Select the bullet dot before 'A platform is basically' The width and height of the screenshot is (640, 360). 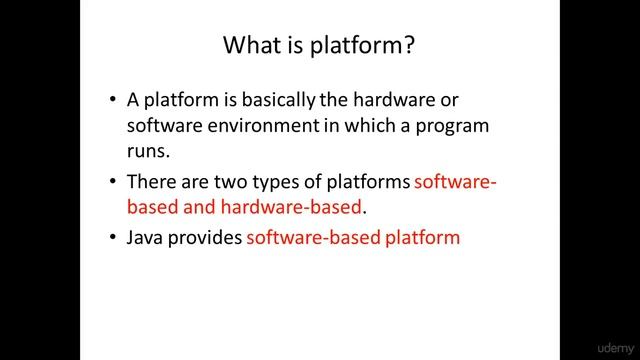pos(111,101)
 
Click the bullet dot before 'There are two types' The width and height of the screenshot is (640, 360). pos(111,183)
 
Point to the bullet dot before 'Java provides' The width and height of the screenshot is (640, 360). pos(111,239)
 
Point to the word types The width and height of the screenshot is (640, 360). pos(270,183)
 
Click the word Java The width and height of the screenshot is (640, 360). pos(146,239)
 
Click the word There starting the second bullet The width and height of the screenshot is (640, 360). pos(150,183)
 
